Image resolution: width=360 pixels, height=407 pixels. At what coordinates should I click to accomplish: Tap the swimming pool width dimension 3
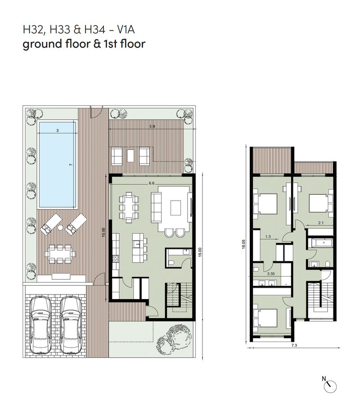tap(58, 130)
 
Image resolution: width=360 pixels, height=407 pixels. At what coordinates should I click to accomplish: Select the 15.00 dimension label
tap(200, 252)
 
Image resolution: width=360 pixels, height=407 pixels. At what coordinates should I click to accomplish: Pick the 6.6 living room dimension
tap(152, 183)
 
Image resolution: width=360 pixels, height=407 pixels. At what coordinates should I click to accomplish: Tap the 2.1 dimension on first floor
tap(321, 223)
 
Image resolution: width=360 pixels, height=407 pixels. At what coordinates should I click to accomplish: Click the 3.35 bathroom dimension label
tap(271, 273)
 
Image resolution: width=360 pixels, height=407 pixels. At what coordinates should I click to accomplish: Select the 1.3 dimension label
tap(268, 237)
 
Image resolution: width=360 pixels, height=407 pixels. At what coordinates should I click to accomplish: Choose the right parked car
tap(71, 325)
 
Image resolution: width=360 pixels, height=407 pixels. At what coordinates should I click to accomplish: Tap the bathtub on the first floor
tap(320, 243)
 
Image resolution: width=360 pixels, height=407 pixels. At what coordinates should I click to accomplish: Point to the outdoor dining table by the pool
tap(60, 254)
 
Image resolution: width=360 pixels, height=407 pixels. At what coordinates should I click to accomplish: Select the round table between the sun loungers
tap(60, 228)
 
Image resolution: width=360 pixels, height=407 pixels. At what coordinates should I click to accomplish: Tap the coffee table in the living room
tap(175, 207)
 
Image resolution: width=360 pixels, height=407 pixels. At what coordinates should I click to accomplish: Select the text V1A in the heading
tap(126, 30)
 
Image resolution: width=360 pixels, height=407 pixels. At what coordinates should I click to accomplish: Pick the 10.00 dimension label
tap(103, 232)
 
